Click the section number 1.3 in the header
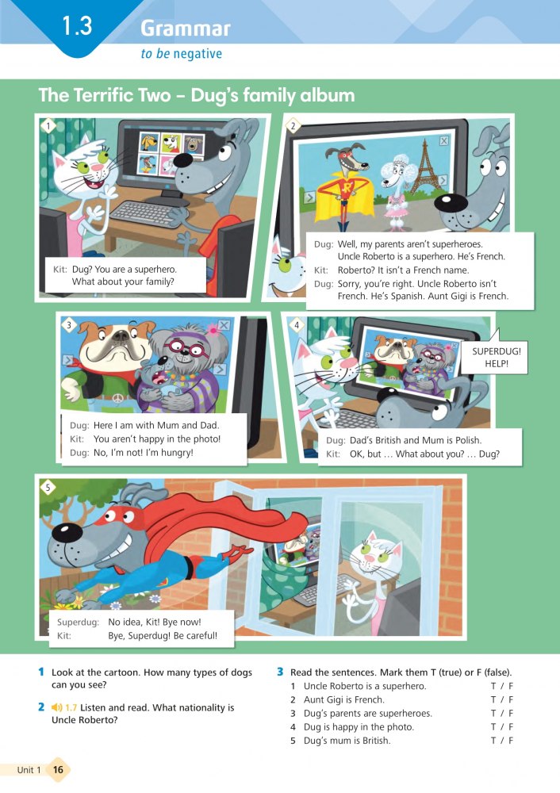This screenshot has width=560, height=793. pos(78,25)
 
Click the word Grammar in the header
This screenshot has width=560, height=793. pos(186,29)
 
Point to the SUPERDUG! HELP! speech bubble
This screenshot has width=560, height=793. pos(496,357)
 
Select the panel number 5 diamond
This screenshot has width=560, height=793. pos(48,488)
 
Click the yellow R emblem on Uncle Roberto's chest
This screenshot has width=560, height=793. pos(347,188)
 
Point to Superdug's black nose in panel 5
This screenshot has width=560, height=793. pos(67,532)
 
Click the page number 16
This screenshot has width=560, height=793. pos(58,770)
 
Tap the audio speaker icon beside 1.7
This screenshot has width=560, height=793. pos(56,707)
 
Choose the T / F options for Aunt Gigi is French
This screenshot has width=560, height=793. pos(502,700)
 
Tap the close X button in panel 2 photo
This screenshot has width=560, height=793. pos(443,140)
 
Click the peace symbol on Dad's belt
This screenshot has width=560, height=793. pos(118,399)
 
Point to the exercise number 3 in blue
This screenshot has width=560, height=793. pos(280,672)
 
